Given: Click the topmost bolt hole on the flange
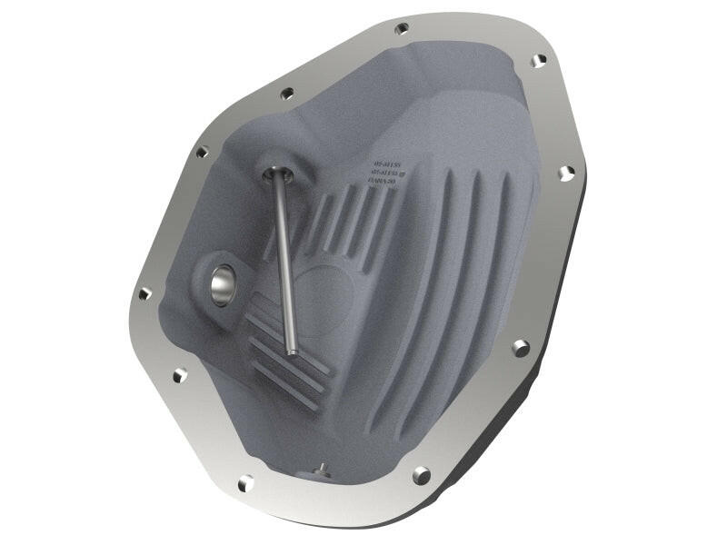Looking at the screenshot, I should pyautogui.click(x=401, y=28).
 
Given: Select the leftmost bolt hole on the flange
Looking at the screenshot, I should pyautogui.click(x=144, y=293).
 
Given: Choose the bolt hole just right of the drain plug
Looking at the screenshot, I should pyautogui.click(x=420, y=474).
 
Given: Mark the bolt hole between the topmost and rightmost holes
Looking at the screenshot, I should pyautogui.click(x=538, y=61).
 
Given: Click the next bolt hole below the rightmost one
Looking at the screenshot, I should pyautogui.click(x=520, y=347).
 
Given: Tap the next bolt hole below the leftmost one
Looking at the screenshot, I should pyautogui.click(x=179, y=374).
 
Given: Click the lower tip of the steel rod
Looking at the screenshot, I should pyautogui.click(x=291, y=351).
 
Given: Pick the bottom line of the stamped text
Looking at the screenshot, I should pyautogui.click(x=380, y=182).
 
